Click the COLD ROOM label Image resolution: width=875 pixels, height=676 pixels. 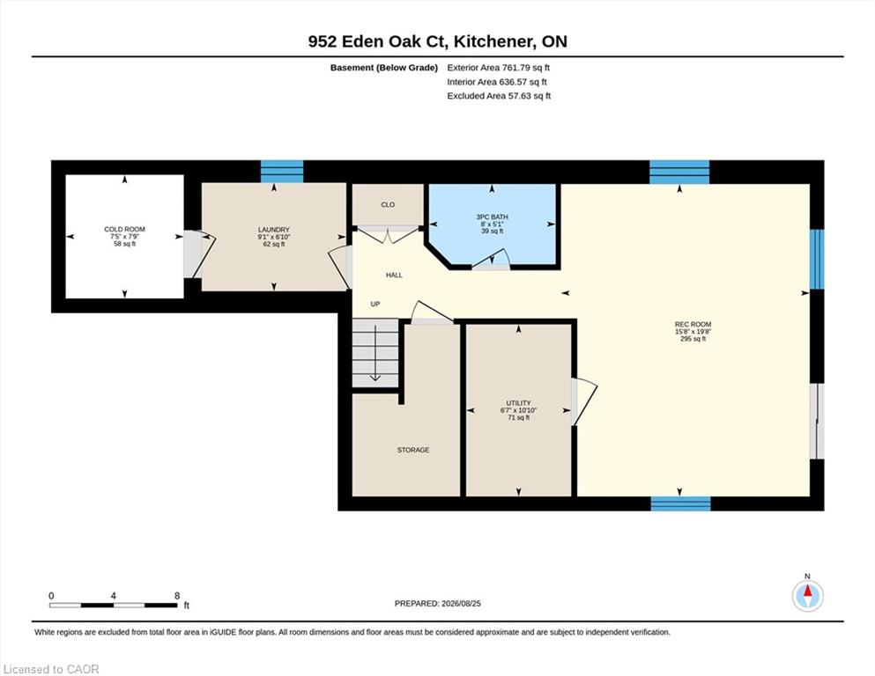click(124, 229)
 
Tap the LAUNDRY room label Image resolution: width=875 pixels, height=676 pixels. click(273, 230)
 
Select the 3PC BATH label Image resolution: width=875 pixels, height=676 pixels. click(492, 217)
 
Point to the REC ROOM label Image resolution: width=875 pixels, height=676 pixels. click(693, 324)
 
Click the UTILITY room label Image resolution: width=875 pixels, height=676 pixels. click(518, 403)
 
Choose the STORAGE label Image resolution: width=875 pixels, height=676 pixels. click(413, 450)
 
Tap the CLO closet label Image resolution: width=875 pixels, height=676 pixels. click(388, 204)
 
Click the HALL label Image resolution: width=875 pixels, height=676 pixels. click(394, 275)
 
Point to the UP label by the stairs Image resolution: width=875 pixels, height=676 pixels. click(375, 304)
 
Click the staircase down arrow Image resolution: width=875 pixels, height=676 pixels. click(375, 353)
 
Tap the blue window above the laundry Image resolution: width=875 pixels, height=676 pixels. click(282, 172)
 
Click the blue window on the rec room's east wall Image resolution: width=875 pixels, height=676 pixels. click(817, 259)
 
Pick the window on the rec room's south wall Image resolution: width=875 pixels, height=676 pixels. click(681, 503)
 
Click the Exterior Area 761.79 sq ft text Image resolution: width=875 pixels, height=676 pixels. click(499, 68)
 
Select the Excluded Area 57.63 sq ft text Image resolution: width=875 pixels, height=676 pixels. click(499, 96)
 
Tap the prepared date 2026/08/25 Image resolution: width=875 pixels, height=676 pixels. click(461, 604)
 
